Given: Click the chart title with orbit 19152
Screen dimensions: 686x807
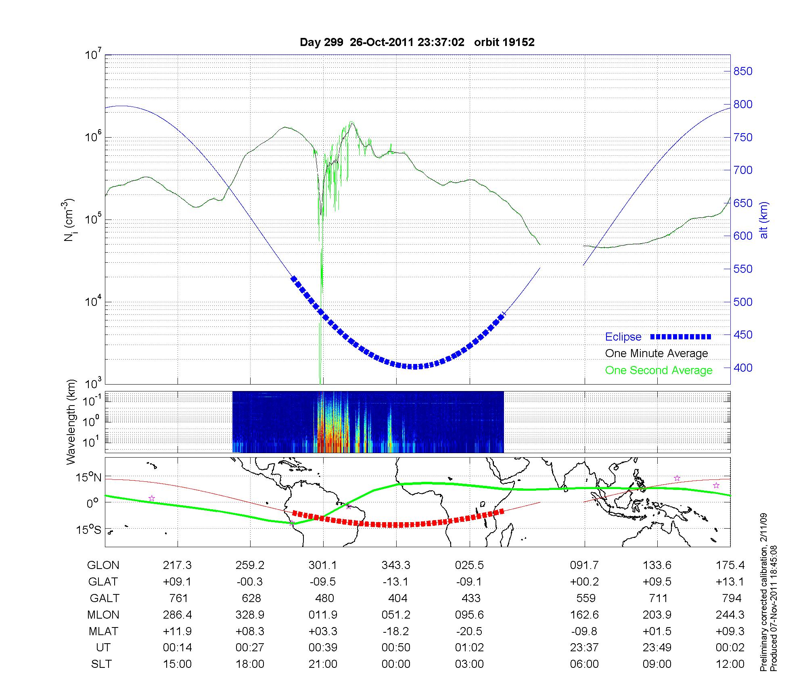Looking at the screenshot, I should (417, 42).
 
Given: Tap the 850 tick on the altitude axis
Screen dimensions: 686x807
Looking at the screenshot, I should (743, 71).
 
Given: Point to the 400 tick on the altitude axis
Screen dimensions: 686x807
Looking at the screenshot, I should (743, 368).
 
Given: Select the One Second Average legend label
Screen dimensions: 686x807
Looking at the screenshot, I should (659, 370).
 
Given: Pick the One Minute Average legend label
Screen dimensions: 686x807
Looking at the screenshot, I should (656, 353).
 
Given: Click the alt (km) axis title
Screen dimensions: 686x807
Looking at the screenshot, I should (764, 220).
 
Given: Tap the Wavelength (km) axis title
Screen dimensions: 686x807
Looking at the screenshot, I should (71, 422).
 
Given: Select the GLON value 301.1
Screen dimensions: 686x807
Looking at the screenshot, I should (323, 565).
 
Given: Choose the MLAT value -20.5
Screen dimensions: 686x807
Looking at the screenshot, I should (470, 631).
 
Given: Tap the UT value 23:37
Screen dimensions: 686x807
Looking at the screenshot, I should (584, 648).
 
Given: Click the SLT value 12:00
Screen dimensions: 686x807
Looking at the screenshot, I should (730, 664).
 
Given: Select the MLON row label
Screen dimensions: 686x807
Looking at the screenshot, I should (103, 615).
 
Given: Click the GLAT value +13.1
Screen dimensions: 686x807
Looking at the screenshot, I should (730, 582).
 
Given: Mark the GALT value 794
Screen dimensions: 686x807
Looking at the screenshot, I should (731, 598).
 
